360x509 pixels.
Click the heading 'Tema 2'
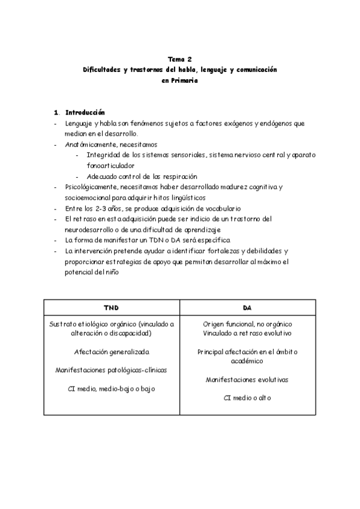coord(179,59)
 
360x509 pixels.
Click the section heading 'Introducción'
coord(85,112)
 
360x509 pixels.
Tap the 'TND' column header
coord(112,307)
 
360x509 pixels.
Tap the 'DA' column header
coord(247,307)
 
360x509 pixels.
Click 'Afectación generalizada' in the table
coord(112,351)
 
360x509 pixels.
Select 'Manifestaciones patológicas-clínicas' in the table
coord(112,370)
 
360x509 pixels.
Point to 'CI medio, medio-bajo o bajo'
coord(112,388)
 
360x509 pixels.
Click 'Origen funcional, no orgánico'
coord(247,324)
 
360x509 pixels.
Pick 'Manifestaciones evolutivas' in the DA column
coord(247,379)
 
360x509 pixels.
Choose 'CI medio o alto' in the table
coord(247,398)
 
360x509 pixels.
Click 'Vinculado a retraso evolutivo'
coord(247,333)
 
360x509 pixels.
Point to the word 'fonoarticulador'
coord(110,166)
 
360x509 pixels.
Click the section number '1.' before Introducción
coord(56,112)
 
